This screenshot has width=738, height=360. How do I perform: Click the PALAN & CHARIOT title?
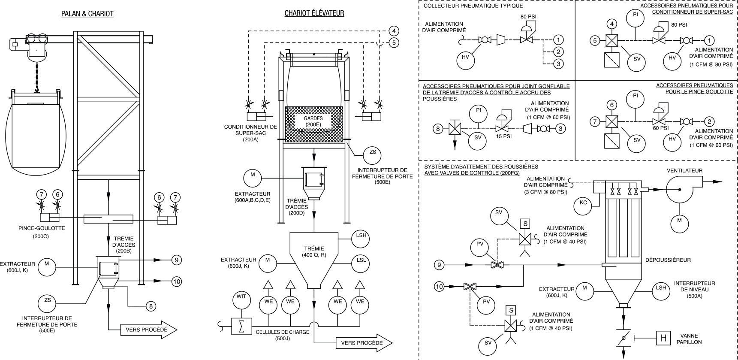(87, 14)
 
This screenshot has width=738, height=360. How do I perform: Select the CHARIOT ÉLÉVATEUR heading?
(314, 13)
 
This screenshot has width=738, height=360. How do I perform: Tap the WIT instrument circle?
(241, 297)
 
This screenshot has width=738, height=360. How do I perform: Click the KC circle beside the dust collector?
(583, 203)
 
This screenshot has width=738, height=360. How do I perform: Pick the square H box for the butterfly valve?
(663, 338)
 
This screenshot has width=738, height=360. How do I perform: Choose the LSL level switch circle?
(361, 260)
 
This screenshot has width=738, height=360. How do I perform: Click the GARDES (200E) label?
(313, 121)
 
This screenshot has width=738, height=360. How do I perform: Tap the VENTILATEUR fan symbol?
(682, 189)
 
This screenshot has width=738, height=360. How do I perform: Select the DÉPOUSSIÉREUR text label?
(668, 260)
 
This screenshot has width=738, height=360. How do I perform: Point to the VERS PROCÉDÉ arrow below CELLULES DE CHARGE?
(364, 343)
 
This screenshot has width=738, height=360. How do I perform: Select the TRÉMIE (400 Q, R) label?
(314, 252)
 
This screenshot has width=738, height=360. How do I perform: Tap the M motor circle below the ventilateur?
(679, 221)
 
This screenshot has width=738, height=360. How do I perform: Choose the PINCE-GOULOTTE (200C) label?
(42, 232)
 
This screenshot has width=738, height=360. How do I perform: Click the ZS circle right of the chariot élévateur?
(372, 152)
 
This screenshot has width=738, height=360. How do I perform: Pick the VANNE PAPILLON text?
(689, 339)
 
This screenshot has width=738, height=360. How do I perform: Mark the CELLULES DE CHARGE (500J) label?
(282, 335)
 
